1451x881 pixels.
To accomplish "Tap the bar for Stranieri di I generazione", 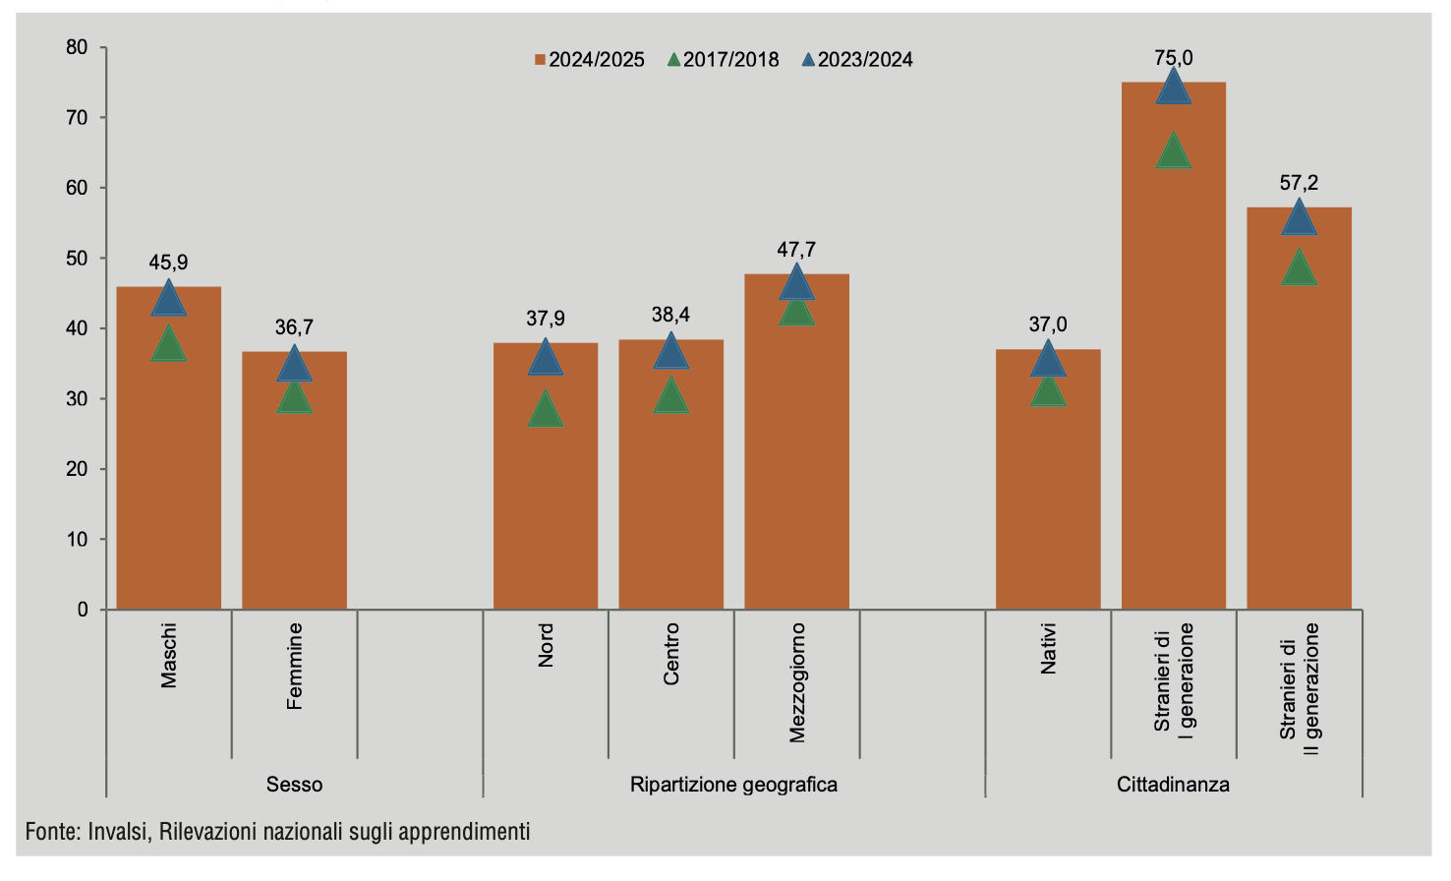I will coord(1173,393).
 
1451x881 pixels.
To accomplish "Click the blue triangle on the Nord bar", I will coord(546,359).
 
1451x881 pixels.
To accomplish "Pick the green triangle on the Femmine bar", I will coord(294,398).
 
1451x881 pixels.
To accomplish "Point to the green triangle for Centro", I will coord(670,397).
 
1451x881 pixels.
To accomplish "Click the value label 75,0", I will coord(1173,58).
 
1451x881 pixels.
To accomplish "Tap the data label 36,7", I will coord(294,326).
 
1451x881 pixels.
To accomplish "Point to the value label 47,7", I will coord(796,250).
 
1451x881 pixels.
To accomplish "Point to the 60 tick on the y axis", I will coord(78,188).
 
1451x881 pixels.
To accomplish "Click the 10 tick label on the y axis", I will coord(78,540).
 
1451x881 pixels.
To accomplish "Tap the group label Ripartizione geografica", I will coord(733,785).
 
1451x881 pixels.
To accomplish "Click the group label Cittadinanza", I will coord(1173,785).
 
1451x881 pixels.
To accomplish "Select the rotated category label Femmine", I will coord(295,666).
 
